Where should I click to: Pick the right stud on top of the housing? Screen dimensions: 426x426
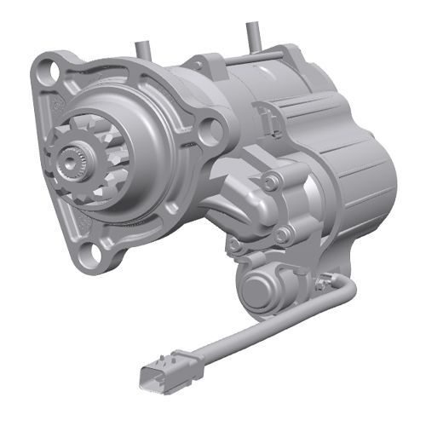point(251,34)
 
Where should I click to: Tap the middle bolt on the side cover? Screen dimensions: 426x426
point(285,232)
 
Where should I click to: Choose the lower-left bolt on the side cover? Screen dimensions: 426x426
point(234,245)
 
